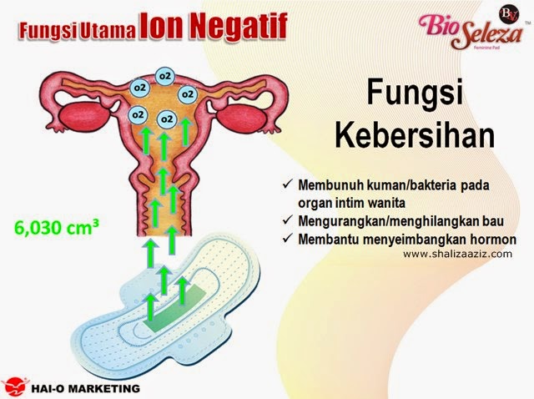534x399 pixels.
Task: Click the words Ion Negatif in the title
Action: [214, 26]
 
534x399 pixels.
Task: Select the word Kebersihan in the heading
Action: [415, 137]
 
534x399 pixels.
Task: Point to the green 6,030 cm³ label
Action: [57, 227]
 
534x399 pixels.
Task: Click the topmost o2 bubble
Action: [165, 76]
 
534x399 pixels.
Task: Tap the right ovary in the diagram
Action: [240, 118]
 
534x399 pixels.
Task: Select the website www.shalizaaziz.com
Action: [457, 254]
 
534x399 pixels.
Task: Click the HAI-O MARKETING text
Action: [85, 388]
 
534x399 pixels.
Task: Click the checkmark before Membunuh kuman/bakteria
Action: [288, 185]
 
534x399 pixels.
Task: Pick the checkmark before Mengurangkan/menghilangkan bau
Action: [288, 220]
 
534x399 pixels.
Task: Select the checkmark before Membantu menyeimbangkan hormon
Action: [288, 238]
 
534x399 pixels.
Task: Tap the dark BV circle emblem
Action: [510, 14]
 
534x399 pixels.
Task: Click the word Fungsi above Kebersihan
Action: [415, 93]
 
